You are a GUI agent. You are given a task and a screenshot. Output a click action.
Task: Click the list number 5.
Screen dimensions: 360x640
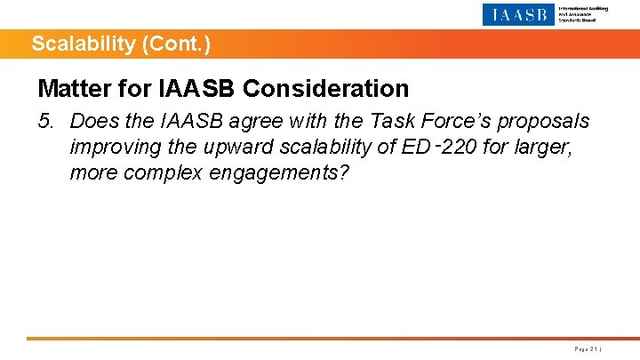pyautogui.click(x=46, y=121)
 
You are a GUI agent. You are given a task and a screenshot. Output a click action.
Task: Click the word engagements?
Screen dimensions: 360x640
pyautogui.click(x=279, y=172)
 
